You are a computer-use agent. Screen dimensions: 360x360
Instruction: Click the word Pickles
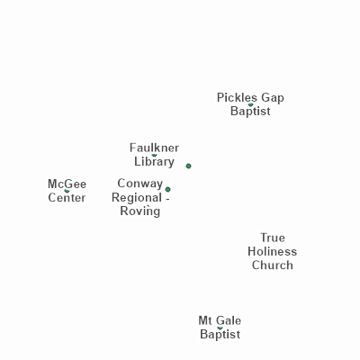[237, 98]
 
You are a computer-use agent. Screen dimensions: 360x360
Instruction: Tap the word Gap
[273, 98]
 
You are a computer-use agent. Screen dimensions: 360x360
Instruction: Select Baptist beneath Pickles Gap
[250, 111]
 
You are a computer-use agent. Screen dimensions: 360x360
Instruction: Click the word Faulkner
[154, 148]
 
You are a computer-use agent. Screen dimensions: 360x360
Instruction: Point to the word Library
[154, 162]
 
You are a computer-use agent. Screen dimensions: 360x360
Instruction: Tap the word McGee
[67, 184]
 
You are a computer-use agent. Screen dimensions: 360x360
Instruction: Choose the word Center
[67, 198]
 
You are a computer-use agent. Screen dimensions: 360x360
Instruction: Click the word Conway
[140, 184]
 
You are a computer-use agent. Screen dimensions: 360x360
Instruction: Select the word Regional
[137, 198]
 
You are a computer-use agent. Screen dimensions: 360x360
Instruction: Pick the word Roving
[140, 211]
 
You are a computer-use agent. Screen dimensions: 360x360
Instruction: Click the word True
[273, 238]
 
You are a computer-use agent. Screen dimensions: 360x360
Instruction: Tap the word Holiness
[273, 251]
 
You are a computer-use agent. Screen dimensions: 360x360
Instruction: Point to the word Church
[273, 265]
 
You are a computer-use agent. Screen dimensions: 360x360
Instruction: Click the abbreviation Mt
[204, 320]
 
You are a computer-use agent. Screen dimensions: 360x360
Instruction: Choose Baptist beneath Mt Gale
[220, 334]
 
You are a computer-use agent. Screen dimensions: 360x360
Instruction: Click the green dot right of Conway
[167, 189]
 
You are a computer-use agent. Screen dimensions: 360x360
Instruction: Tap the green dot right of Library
[188, 166]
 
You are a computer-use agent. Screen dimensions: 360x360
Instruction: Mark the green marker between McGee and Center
[67, 191]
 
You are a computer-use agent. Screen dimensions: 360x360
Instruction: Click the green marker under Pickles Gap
[250, 104]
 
